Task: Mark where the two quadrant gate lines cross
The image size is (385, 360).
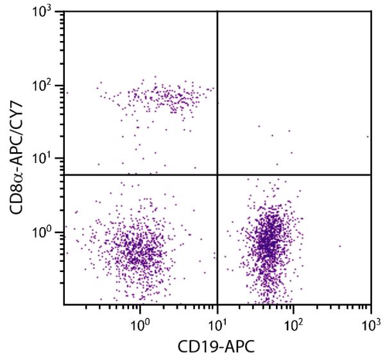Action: [x=218, y=175]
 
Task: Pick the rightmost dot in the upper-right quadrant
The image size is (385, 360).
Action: [x=368, y=136]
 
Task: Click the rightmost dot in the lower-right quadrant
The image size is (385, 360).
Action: [x=340, y=246]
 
